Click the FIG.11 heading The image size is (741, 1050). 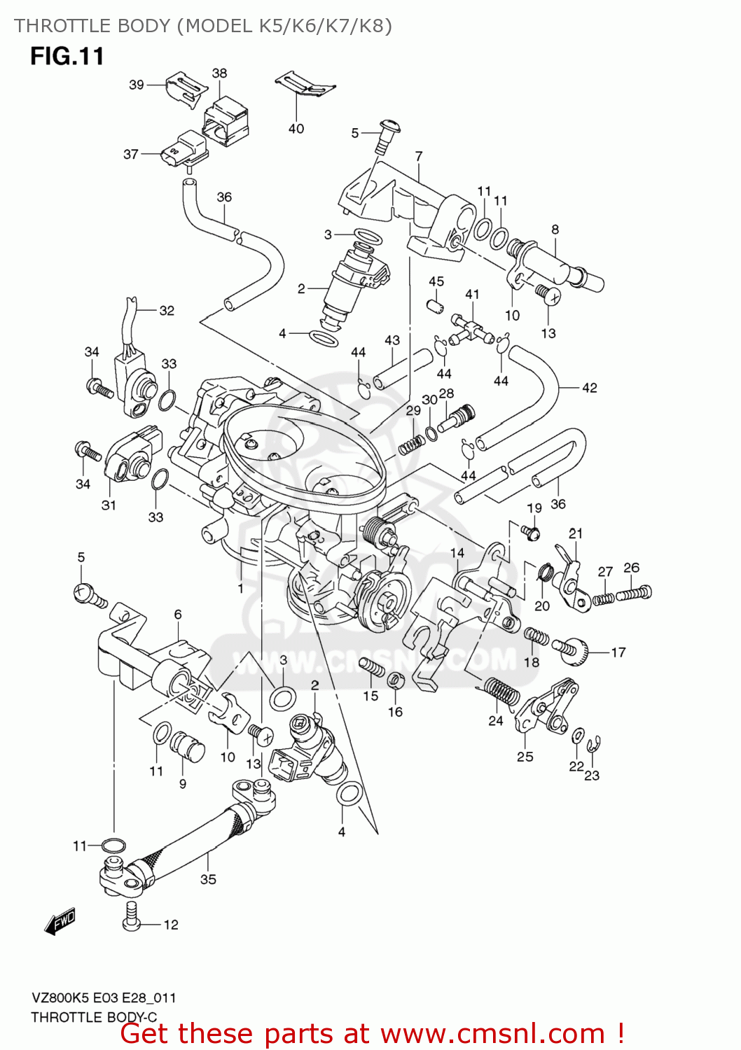(67, 56)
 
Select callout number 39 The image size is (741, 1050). (137, 85)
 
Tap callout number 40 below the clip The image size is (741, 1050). (296, 129)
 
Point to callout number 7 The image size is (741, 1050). (419, 156)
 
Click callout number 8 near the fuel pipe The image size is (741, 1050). (555, 230)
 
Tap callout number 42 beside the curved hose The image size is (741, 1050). (590, 387)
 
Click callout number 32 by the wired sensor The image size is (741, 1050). (167, 310)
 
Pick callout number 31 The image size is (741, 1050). (109, 505)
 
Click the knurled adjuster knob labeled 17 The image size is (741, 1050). (573, 650)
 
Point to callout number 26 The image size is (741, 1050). (632, 568)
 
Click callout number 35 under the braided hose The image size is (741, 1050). (208, 879)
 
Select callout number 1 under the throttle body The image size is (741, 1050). (240, 588)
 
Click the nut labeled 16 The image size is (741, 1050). (394, 680)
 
